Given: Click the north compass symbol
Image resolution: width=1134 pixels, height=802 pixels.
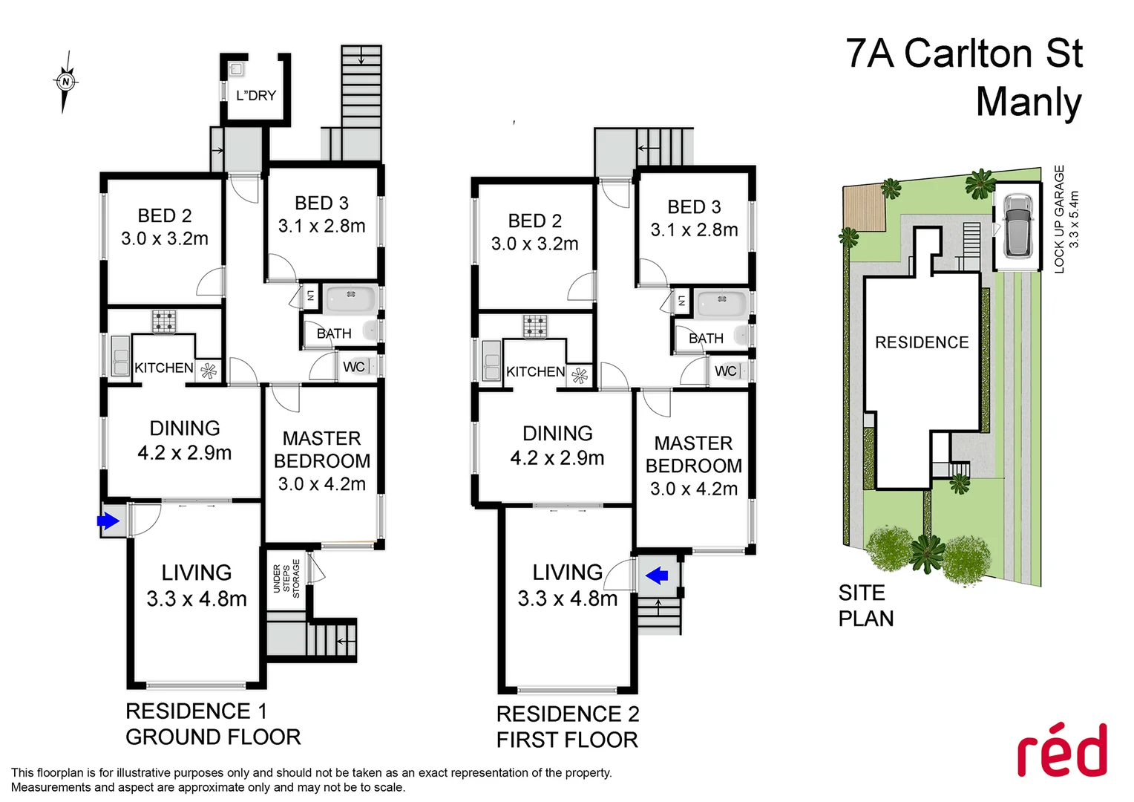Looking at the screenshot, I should (x=66, y=82).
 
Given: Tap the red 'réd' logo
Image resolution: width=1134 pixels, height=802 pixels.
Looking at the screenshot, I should (x=1061, y=751).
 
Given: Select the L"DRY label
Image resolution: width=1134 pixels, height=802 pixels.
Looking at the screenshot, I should (x=256, y=96).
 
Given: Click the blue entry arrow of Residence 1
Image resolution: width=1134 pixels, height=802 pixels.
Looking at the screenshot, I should (x=108, y=521).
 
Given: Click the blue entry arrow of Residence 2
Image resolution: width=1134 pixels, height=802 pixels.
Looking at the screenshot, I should (x=657, y=575).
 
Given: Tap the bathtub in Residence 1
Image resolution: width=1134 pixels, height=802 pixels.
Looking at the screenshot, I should (x=351, y=299).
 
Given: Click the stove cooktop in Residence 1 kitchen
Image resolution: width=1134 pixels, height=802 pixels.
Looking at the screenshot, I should (x=164, y=322).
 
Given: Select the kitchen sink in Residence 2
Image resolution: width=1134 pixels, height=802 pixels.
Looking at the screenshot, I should (x=491, y=361).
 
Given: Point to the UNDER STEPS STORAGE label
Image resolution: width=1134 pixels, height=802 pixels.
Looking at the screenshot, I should (x=286, y=578).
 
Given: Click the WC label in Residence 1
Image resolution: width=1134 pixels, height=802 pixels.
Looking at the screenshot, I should (x=353, y=367).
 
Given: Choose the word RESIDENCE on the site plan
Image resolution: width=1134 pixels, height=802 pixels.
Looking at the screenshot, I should (x=922, y=342).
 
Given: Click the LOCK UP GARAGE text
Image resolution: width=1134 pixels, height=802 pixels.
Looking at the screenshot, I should (x=1060, y=219).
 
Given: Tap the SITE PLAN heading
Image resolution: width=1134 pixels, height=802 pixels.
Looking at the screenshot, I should (x=865, y=605).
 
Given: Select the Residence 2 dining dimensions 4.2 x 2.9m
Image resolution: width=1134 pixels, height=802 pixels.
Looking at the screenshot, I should (x=557, y=458).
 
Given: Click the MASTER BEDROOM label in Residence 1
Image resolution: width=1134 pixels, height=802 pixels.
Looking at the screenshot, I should (x=322, y=450).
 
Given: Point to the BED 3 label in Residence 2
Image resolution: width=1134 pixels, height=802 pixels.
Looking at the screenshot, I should (x=694, y=207).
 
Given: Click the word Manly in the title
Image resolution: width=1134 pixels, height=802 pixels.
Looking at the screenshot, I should (x=1029, y=102).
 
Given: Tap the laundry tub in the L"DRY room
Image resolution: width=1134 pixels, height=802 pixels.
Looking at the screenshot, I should (x=236, y=69).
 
